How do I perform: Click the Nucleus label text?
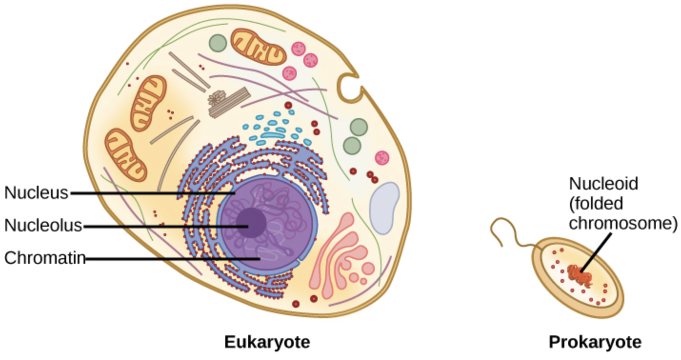[x=36, y=193]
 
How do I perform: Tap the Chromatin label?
[x=45, y=258]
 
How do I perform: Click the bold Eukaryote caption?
[x=267, y=342]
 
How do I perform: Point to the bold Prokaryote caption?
[x=595, y=342]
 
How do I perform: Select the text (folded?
[x=596, y=203]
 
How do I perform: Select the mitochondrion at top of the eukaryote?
[x=259, y=47]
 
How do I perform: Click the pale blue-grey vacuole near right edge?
[x=384, y=207]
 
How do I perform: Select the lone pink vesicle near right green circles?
[x=382, y=158]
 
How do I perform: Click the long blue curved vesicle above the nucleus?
[x=270, y=136]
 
